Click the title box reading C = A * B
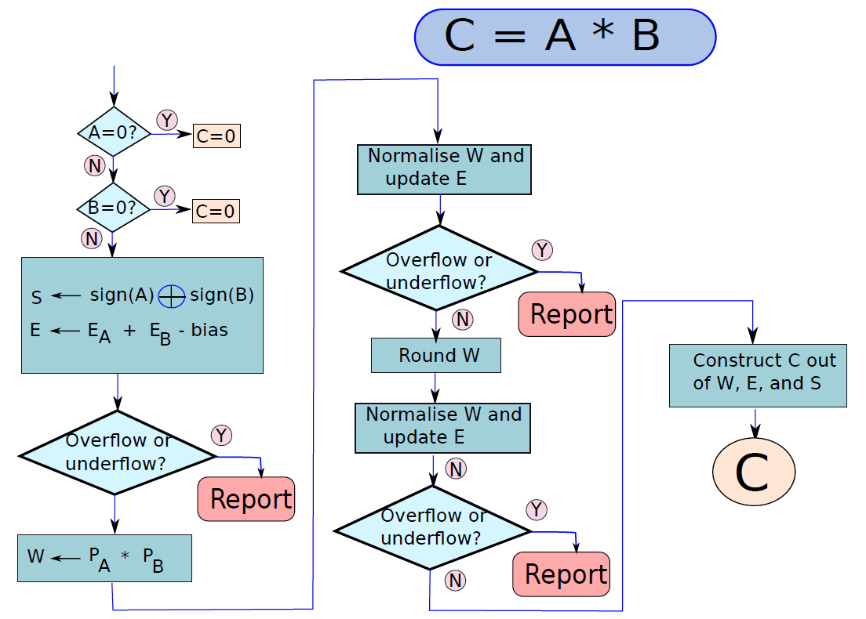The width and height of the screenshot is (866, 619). [x=565, y=37]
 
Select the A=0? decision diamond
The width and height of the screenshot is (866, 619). [x=114, y=132]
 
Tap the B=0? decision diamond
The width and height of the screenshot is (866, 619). [x=113, y=208]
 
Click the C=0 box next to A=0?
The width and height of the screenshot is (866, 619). [x=216, y=136]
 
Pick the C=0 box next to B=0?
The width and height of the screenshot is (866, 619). [x=216, y=211]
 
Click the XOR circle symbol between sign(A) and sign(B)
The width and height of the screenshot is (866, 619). [x=172, y=296]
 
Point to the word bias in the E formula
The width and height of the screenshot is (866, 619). [x=209, y=330]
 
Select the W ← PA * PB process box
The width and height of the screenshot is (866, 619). [x=105, y=558]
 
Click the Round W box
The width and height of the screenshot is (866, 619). [x=436, y=355]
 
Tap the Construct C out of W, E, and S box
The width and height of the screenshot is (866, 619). [x=758, y=375]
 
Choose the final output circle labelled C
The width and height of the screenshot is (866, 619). [x=754, y=472]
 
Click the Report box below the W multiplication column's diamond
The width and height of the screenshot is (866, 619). [x=246, y=499]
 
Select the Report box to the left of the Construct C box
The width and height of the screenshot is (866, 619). [x=566, y=314]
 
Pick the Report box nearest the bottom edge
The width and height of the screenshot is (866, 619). [x=561, y=574]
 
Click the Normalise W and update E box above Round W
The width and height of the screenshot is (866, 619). [x=444, y=169]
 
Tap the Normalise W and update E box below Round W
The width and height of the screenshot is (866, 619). [x=443, y=428]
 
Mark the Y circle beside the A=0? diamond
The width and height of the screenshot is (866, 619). [x=167, y=120]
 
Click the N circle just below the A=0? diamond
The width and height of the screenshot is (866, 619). [x=94, y=165]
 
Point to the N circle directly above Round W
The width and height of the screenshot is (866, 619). [x=462, y=319]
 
